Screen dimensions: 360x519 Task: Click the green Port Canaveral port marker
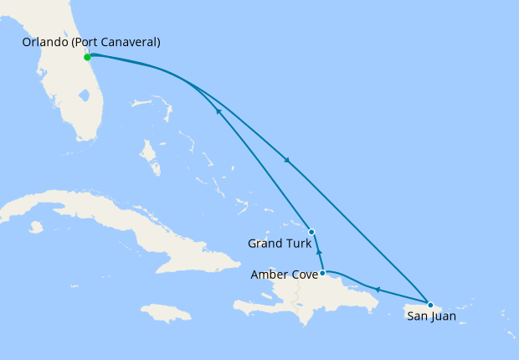(x=87, y=57)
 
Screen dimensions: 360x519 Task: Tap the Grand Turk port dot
(x=311, y=231)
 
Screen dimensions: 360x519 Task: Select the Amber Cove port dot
(x=322, y=272)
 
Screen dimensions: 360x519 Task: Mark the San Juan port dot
(x=430, y=305)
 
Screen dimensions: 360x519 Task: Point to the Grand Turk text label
(x=279, y=244)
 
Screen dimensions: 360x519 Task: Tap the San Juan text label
(x=432, y=316)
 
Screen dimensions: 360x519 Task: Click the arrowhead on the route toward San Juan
(x=287, y=160)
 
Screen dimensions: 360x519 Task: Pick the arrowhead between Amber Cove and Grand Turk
(x=318, y=250)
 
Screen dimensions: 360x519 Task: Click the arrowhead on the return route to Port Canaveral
(x=218, y=111)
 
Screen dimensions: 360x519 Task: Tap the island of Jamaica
(x=167, y=313)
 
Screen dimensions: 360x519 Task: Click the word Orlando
(x=44, y=42)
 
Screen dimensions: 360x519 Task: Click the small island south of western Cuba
(x=34, y=227)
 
